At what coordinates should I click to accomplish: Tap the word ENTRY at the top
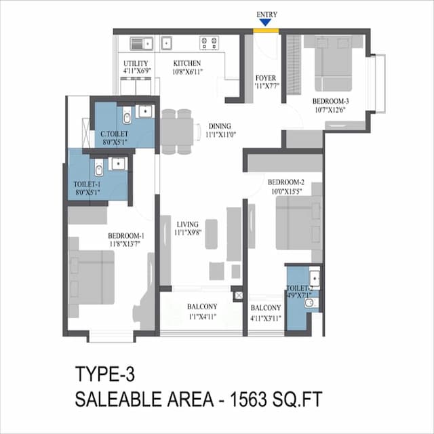[x=267, y=14]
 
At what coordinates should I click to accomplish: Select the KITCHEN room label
[x=187, y=63]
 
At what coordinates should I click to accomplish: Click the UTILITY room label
[x=135, y=63]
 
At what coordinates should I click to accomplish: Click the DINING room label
[x=220, y=126]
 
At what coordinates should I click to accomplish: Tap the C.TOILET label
[x=114, y=134]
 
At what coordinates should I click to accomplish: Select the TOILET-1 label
[x=87, y=184]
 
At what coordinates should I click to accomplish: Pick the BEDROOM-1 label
[x=127, y=235]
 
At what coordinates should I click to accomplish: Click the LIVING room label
[x=187, y=224]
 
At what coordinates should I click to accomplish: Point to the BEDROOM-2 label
[x=285, y=182]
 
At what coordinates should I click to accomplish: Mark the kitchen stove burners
[x=209, y=43]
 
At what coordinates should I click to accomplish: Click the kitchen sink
[x=140, y=43]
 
